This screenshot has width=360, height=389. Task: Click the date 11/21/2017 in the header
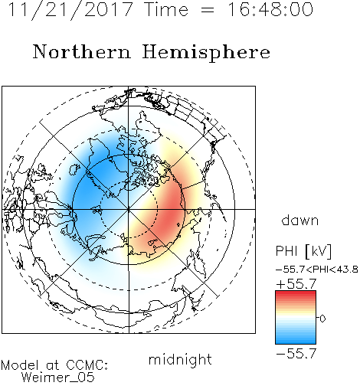70,9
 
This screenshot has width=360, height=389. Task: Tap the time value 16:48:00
270,9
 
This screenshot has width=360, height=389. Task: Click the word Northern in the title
82,51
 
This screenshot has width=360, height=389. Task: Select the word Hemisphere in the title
206,52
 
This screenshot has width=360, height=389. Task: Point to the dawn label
300,220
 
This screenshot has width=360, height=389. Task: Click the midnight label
180,360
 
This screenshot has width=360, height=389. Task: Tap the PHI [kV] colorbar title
303,251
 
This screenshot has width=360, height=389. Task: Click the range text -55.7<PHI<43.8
316,270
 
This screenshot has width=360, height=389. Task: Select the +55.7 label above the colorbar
296,284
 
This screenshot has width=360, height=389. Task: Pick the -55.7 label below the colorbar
296,353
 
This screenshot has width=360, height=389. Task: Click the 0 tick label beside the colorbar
322,319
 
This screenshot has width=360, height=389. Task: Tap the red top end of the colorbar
296,293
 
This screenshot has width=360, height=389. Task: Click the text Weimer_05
58,378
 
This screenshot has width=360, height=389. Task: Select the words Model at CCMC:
54,365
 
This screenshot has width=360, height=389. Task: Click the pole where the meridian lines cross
129,209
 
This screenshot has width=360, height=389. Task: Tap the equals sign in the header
208,10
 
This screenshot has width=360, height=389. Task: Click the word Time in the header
166,9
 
